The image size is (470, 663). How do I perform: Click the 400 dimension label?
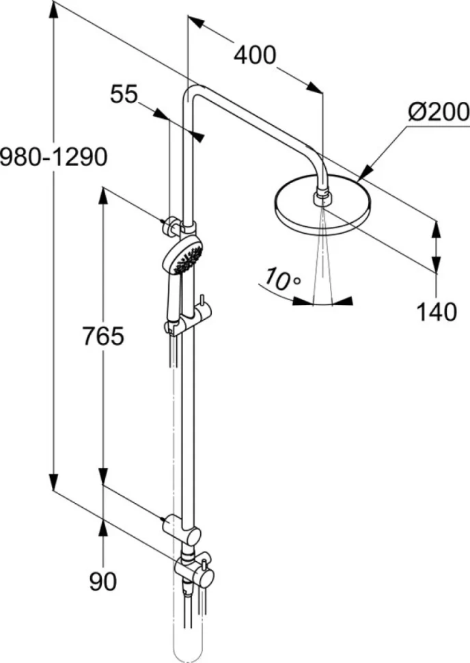(x=255, y=55)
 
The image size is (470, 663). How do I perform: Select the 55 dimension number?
(x=124, y=94)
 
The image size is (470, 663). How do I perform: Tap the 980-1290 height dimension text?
(x=54, y=157)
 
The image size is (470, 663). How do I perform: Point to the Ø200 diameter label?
(x=439, y=111)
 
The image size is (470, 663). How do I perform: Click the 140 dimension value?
(x=437, y=312)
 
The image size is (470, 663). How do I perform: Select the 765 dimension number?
(x=103, y=336)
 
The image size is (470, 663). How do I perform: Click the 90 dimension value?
(x=102, y=581)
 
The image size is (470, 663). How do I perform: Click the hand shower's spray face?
(x=186, y=259)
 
